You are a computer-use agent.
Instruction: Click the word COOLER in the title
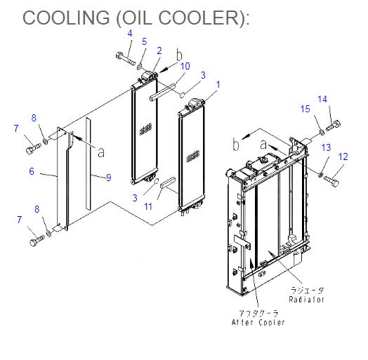[x=199, y=18]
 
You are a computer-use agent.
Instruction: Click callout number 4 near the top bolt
[x=130, y=33]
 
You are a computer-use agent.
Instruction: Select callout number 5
[x=145, y=41]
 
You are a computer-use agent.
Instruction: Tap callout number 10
[x=185, y=66]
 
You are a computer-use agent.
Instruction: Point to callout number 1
[x=218, y=84]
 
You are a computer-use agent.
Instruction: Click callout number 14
[x=322, y=99]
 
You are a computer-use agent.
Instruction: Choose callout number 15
[x=305, y=109]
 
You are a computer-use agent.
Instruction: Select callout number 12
[x=343, y=156]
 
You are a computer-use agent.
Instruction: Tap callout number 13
[x=326, y=147]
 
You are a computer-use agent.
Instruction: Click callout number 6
[x=32, y=171]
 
